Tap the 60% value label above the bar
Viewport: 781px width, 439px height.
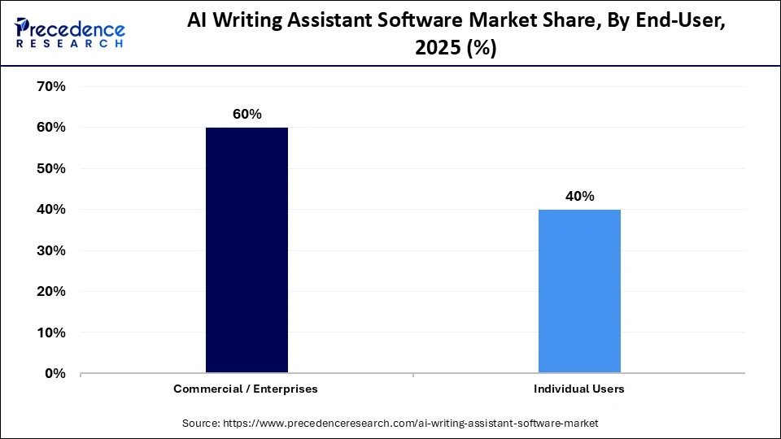click(x=247, y=115)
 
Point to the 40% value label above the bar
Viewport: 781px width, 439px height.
click(x=580, y=197)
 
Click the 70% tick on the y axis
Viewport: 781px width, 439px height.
click(x=51, y=86)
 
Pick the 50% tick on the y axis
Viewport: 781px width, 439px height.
click(x=51, y=168)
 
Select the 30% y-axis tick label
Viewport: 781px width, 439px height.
click(x=51, y=250)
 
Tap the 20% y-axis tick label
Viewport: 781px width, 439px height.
click(x=51, y=291)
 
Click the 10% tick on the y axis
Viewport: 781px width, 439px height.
click(x=51, y=333)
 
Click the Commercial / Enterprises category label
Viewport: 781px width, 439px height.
click(x=246, y=389)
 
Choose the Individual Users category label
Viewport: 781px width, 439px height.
click(x=579, y=389)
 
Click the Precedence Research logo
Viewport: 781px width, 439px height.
click(x=70, y=33)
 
